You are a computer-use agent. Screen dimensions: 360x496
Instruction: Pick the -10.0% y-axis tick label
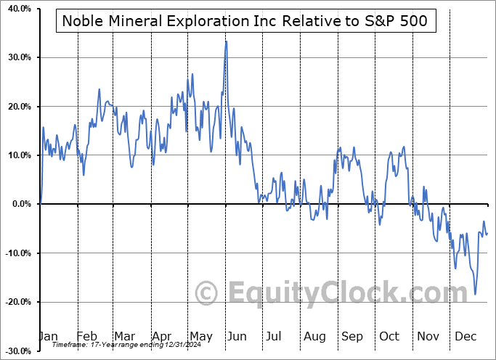(x=17, y=253)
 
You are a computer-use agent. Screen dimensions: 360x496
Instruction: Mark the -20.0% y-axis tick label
(x=17, y=302)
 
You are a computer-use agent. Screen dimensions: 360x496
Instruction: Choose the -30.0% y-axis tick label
(x=17, y=351)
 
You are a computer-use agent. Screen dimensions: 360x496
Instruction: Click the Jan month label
(x=48, y=336)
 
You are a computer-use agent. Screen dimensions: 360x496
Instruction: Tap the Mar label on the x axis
(x=123, y=336)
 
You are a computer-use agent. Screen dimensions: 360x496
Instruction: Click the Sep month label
(x=352, y=336)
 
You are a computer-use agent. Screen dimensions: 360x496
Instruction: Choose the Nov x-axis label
(x=428, y=336)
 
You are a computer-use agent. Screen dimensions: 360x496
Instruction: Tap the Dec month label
(x=466, y=336)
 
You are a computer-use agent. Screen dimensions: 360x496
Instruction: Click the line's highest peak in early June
(x=227, y=41)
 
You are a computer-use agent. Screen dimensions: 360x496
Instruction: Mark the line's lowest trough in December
(x=476, y=294)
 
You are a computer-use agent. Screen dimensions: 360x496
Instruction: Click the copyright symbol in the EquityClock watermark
(x=208, y=293)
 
